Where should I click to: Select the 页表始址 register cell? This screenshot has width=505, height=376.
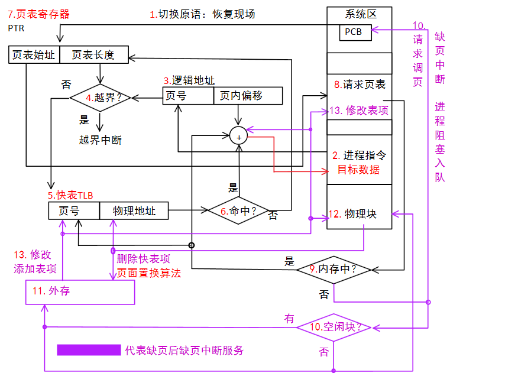pyautogui.click(x=34, y=55)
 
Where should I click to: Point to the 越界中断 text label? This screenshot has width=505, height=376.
pyautogui.click(x=100, y=140)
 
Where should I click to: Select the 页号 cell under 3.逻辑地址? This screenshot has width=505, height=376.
pyautogui.click(x=187, y=96)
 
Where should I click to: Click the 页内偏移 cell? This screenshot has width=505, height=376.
pyautogui.click(x=248, y=96)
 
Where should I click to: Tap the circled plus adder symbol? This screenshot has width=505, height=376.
pyautogui.click(x=239, y=137)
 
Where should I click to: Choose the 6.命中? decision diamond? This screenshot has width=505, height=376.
pyautogui.click(x=238, y=210)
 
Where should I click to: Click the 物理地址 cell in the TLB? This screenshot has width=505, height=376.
pyautogui.click(x=134, y=210)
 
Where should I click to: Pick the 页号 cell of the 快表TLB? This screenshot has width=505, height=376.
pyautogui.click(x=73, y=210)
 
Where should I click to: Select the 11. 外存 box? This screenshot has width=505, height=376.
pyautogui.click(x=80, y=292)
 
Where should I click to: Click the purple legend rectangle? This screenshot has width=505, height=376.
pyautogui.click(x=89, y=350)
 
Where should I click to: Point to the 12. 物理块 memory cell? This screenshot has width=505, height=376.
pyautogui.click(x=360, y=213)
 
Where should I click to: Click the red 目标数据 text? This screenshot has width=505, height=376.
pyautogui.click(x=358, y=170)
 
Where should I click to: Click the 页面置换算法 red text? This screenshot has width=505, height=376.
pyautogui.click(x=148, y=273)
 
